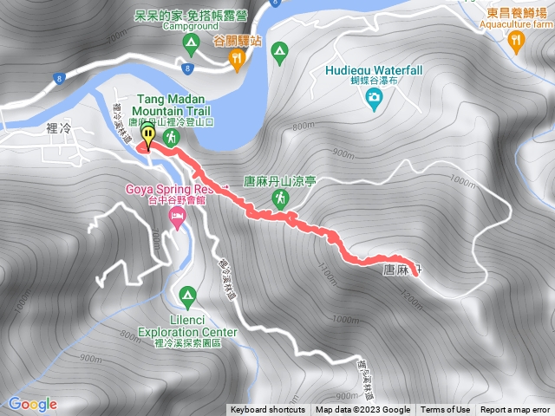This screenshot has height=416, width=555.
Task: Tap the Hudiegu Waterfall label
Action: click(x=374, y=70)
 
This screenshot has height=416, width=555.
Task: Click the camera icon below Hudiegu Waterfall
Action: click(x=374, y=96)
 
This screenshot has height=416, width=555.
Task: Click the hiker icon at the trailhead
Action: click(x=171, y=137)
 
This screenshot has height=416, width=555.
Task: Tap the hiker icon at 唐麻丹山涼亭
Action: click(x=280, y=198)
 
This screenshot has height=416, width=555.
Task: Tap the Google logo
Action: click(x=32, y=404)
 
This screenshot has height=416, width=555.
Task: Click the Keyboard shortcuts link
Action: click(x=268, y=410)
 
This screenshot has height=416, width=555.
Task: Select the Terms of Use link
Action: click(x=445, y=410)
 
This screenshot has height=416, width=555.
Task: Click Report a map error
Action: click(x=515, y=410)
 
